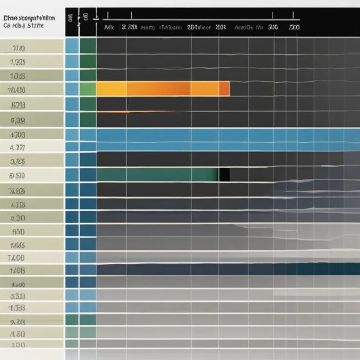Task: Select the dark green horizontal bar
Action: pos(157,175)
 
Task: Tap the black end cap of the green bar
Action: pos(224,175)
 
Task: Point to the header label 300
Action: pos(273,28)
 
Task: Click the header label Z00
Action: pos(294,28)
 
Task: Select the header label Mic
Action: pos(109,28)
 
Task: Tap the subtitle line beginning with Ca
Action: pos(24,25)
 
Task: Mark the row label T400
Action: pos(16,256)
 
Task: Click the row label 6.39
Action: pos(18,121)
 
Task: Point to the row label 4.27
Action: pos(18,148)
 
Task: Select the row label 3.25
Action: pos(18,161)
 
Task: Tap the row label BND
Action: pos(18,231)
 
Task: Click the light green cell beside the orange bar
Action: pos(88,89)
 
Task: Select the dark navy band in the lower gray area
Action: pos(226,269)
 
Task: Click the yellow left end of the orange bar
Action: pos(105,89)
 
